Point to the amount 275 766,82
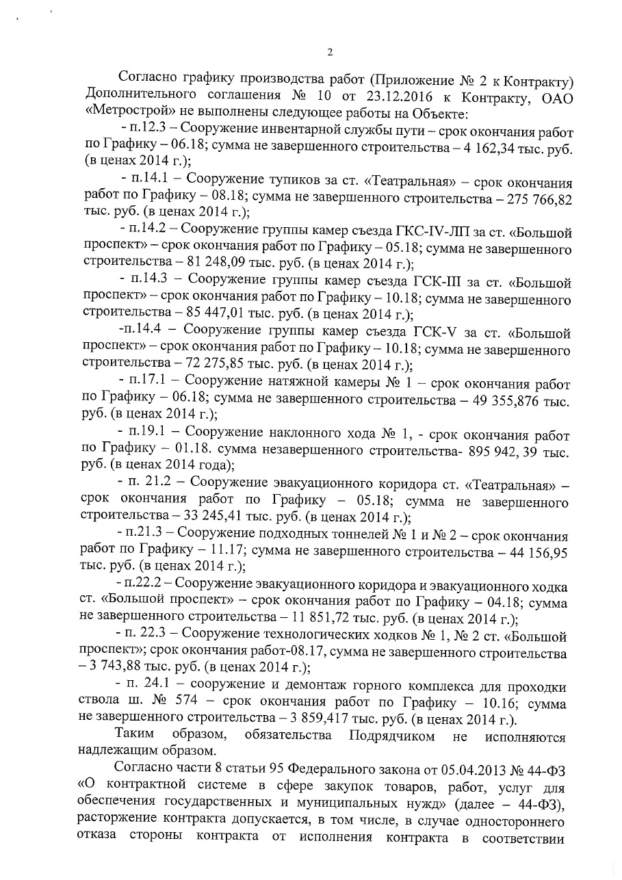coord(534,198)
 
